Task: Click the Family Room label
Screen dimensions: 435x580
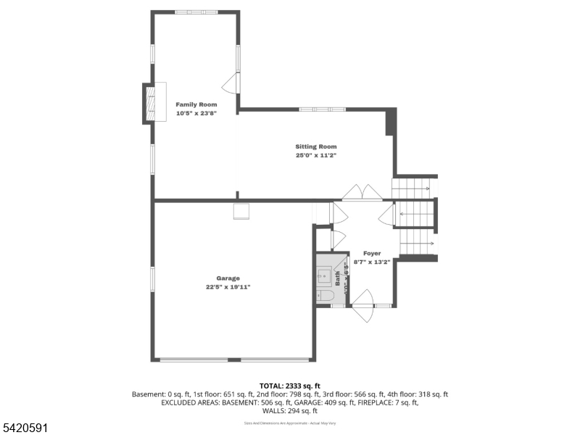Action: click(x=196, y=104)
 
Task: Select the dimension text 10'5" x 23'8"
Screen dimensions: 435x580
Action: click(x=196, y=113)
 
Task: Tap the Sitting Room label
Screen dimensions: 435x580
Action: click(x=315, y=146)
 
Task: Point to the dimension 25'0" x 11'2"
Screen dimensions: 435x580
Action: click(x=315, y=155)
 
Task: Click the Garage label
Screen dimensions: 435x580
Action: click(x=228, y=278)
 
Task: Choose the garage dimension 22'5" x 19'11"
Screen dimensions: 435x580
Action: click(x=228, y=287)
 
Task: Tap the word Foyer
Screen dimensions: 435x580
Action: click(x=372, y=253)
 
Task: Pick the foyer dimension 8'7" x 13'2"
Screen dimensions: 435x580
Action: click(x=372, y=262)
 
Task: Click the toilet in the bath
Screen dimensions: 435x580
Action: click(x=325, y=295)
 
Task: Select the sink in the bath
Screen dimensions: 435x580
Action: click(x=324, y=275)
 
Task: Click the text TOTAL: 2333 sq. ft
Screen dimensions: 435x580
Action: click(x=289, y=386)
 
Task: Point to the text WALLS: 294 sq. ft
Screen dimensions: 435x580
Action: click(x=289, y=411)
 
